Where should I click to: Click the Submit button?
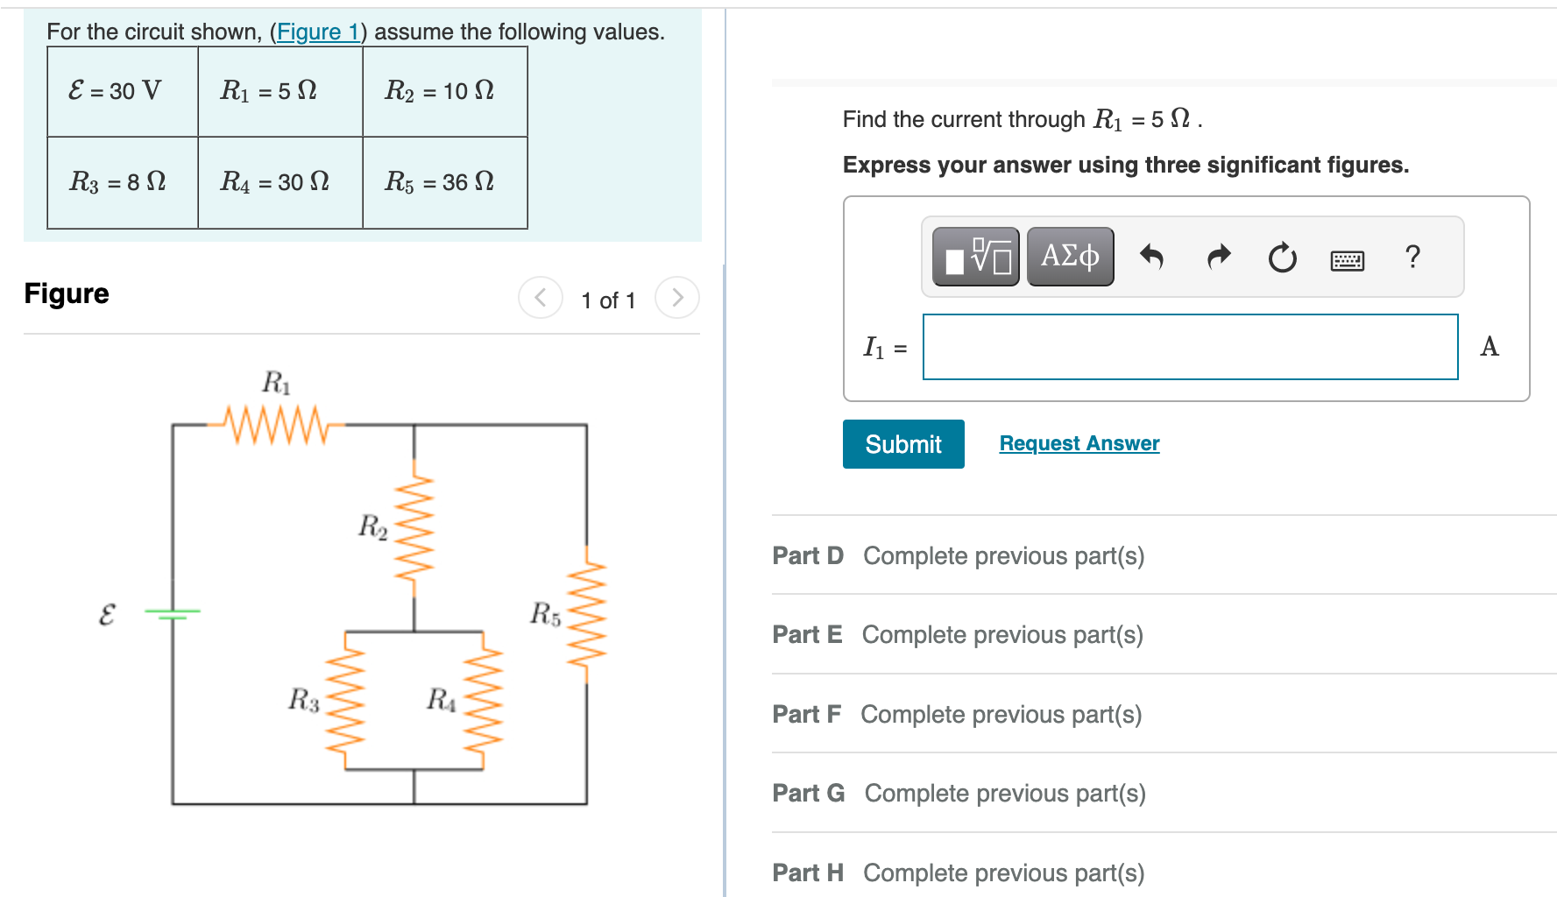pyautogui.click(x=902, y=444)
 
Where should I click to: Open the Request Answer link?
pyautogui.click(x=1079, y=443)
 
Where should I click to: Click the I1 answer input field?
pyautogui.click(x=1190, y=347)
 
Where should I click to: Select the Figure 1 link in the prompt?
pyautogui.click(x=317, y=32)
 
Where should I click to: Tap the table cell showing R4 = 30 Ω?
pyautogui.click(x=280, y=182)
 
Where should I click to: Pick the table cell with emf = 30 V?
pyautogui.click(x=122, y=91)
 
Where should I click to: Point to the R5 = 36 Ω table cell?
pyautogui.click(x=444, y=182)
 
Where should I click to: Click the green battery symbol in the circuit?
pyautogui.click(x=173, y=612)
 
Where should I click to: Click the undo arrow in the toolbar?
pyautogui.click(x=1151, y=257)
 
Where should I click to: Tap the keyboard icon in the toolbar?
pyautogui.click(x=1347, y=260)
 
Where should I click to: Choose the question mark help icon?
pyautogui.click(x=1412, y=257)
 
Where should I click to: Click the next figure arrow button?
pyautogui.click(x=676, y=298)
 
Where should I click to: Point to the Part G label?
pyautogui.click(x=808, y=793)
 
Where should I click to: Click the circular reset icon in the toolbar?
pyautogui.click(x=1282, y=258)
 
